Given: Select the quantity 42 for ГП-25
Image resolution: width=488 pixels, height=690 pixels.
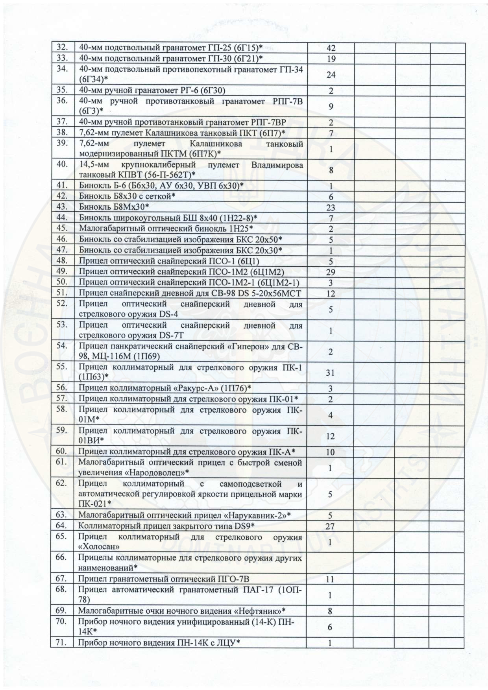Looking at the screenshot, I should [331, 48].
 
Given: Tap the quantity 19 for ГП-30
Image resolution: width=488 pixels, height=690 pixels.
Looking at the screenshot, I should [331, 59].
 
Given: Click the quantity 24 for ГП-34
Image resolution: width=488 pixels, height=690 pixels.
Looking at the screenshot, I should [331, 75].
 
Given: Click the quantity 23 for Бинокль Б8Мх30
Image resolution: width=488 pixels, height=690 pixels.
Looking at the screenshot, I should [331, 208].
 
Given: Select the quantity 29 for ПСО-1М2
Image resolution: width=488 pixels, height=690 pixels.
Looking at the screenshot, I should [331, 272].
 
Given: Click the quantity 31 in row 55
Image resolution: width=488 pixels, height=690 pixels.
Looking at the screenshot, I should [331, 373].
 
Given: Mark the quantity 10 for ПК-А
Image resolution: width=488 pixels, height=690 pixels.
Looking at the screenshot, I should [331, 452].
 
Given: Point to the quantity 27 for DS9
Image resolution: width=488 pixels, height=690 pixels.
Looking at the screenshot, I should [331, 527].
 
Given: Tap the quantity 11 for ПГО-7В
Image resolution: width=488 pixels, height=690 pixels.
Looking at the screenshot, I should [331, 579].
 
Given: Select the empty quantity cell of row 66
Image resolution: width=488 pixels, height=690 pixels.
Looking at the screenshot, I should [331, 563].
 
